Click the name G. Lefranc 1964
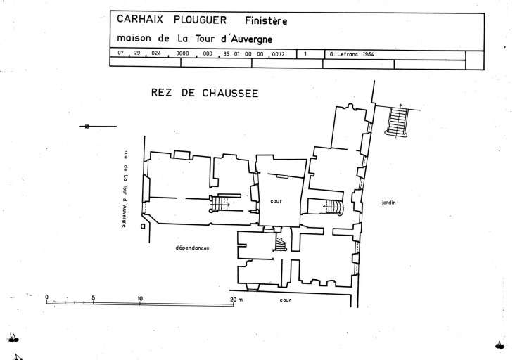point(352,53)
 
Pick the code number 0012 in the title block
point(276,53)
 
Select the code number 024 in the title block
point(156,53)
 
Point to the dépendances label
point(193,248)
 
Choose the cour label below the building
point(286,299)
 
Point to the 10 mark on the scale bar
point(140,297)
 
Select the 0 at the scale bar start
point(47,297)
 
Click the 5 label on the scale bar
point(93,297)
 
